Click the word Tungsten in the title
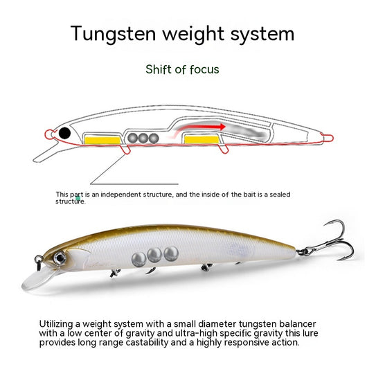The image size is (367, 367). click(113, 34)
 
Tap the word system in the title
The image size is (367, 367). click(262, 34)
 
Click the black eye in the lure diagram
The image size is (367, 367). click(64, 133)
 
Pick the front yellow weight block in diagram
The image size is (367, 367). click(102, 140)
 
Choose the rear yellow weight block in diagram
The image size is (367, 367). click(202, 140)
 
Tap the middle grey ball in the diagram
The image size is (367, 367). click(143, 138)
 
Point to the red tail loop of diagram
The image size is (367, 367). click(328, 138)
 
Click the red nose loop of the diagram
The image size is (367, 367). click(49, 134)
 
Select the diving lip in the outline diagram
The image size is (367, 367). click(46, 152)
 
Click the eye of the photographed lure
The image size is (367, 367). click(60, 258)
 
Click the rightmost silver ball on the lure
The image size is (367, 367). click(171, 253)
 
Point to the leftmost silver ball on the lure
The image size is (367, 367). click(138, 260)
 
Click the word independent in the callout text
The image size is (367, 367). click(120, 195)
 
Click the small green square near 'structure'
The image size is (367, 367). click(78, 199)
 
